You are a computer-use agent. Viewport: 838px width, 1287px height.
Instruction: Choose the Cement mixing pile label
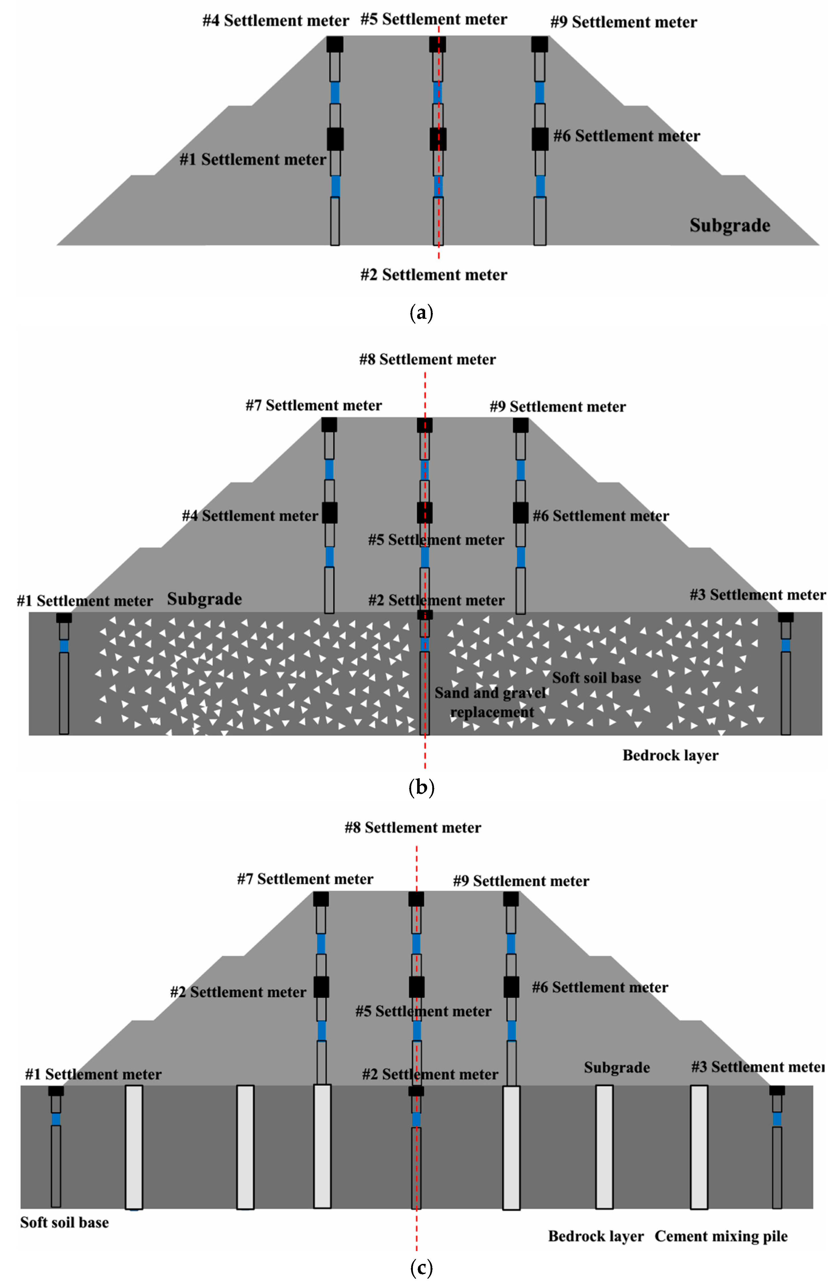click(x=721, y=1236)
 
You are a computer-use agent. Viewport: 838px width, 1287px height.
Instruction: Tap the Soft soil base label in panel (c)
click(x=64, y=1222)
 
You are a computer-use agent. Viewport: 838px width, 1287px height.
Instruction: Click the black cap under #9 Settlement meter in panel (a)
click(x=539, y=44)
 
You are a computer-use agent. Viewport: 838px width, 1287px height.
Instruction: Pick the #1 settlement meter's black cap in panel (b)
click(x=64, y=618)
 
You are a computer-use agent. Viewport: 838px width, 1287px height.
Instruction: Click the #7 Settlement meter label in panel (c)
click(x=305, y=879)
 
